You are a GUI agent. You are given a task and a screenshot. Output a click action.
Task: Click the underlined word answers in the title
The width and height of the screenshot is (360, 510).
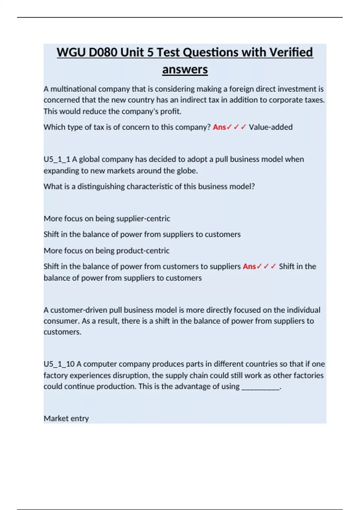point(185,70)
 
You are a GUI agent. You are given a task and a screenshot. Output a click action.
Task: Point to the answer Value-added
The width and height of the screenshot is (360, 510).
point(271,127)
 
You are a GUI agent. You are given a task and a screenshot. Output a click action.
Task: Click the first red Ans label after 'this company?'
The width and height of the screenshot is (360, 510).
point(219,127)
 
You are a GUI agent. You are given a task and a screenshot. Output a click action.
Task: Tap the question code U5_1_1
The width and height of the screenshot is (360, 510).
point(57,159)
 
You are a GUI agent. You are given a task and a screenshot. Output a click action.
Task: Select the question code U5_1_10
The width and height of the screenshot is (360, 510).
point(59,364)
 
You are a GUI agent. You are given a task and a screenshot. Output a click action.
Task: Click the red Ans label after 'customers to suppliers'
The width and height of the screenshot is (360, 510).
point(249,266)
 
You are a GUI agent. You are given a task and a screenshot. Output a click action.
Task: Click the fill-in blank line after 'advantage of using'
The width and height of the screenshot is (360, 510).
point(260,387)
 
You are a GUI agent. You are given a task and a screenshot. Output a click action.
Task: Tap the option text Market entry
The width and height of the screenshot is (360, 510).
point(66,418)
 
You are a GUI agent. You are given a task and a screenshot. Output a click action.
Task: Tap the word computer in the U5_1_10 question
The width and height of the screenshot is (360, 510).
point(97,364)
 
